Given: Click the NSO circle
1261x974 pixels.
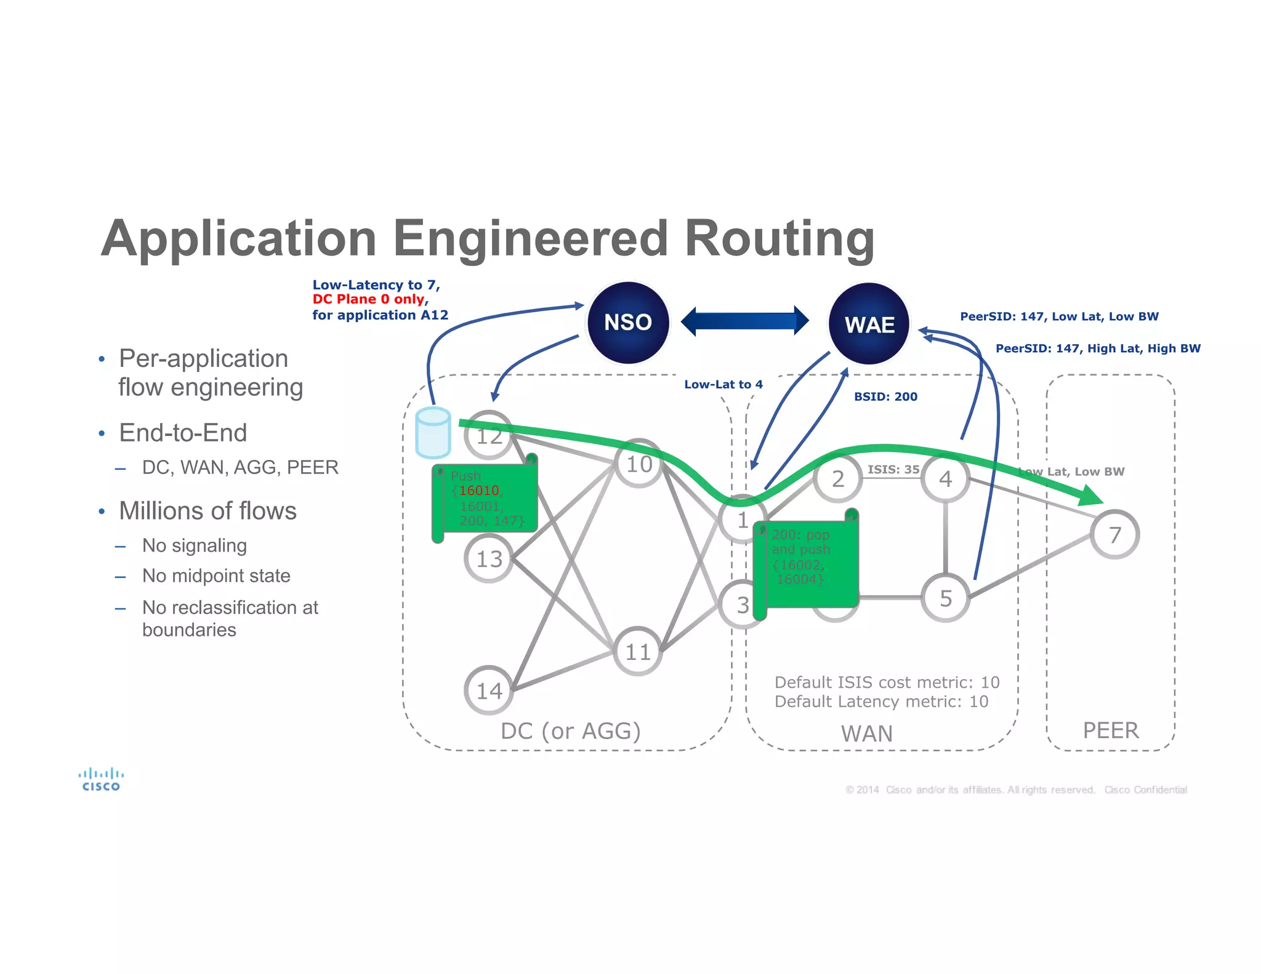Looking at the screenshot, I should coord(627,323).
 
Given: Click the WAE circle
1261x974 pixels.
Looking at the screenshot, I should coord(869,324).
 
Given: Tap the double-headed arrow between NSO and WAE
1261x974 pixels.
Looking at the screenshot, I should coord(744,321).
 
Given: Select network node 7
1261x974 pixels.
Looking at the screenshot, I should coord(1114,534).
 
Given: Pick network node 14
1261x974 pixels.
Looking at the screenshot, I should coord(489,690).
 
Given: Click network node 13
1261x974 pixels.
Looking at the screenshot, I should coord(489,558).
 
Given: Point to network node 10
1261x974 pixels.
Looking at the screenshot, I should coord(639,464).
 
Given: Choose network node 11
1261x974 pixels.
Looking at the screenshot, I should coord(638,651).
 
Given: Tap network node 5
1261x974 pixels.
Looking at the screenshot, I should coord(946,598).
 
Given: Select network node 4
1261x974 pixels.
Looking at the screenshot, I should coord(946,478).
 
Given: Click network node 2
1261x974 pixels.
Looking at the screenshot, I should coord(837,478).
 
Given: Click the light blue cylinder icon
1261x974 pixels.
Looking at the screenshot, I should coord(433,433).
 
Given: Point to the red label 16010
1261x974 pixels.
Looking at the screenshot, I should coord(479,491).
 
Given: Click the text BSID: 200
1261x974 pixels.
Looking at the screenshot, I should coord(885,396).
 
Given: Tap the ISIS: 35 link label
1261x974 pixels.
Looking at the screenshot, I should coord(893,469).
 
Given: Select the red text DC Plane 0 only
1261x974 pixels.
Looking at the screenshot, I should coord(369,299).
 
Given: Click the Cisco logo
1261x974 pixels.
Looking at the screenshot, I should coord(101,779).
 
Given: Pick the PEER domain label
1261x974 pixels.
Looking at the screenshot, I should coord(1111,730).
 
